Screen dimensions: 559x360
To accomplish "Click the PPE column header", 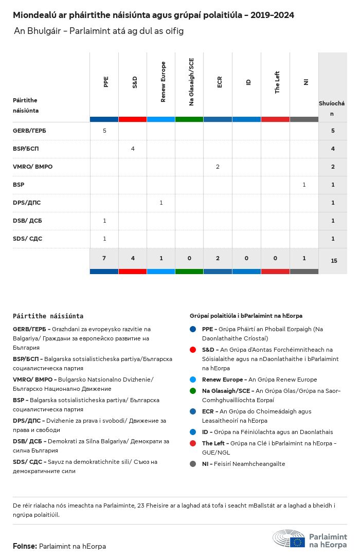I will [x=106, y=82].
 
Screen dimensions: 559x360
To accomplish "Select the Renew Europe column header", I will [x=163, y=82].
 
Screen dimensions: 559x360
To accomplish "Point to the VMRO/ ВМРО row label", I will [x=32, y=167].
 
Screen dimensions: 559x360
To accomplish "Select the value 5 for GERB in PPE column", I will [x=104, y=131].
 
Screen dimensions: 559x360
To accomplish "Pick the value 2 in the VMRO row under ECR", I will [x=218, y=167].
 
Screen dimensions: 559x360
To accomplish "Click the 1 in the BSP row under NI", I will [x=304, y=185].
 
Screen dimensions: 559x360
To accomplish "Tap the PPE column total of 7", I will [x=104, y=258].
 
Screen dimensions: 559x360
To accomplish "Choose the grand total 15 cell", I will [x=334, y=261].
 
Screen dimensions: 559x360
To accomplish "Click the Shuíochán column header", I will [x=332, y=108].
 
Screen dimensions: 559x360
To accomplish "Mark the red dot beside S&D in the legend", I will [x=193, y=350].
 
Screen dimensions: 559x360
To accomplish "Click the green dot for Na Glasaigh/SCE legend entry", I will [x=193, y=391].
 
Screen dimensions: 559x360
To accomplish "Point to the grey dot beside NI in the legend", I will [x=193, y=464].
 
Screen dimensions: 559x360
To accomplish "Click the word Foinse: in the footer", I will [x=25, y=546].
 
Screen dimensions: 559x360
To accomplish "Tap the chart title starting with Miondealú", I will [x=153, y=15].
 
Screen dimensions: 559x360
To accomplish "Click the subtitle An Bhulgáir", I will [x=99, y=31].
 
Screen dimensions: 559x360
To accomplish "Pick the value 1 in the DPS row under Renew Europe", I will [x=161, y=203].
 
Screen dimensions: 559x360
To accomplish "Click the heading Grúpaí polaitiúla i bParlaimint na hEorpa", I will [x=246, y=315].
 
